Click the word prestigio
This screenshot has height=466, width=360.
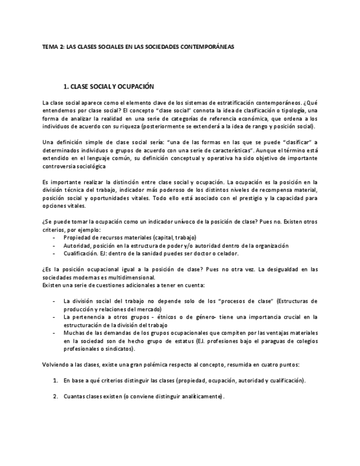tap(265, 198)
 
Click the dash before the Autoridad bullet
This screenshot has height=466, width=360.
tap(53, 246)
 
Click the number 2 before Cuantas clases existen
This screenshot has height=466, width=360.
tap(55, 396)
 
